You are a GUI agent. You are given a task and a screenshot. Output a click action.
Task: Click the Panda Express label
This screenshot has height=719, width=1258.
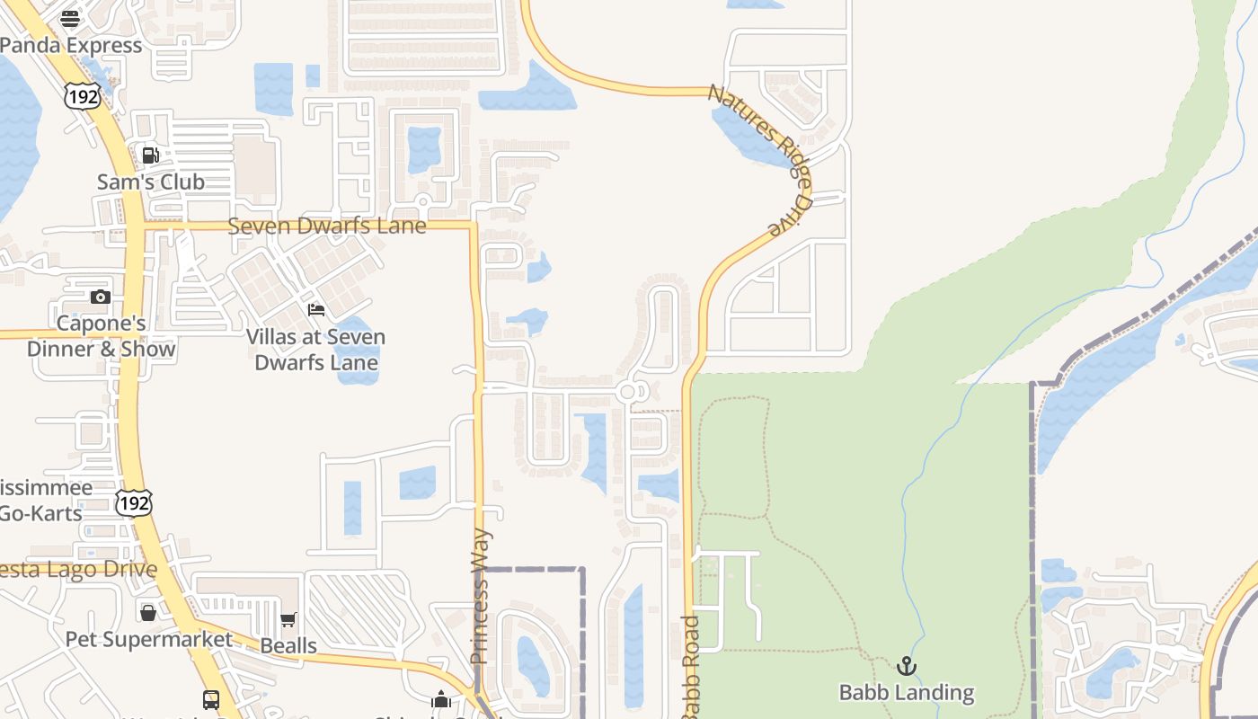coord(72,45)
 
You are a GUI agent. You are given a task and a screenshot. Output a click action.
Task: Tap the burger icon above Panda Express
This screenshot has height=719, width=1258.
coord(70,19)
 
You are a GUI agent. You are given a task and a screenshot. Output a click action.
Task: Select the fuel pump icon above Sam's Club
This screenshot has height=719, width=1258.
coord(151,155)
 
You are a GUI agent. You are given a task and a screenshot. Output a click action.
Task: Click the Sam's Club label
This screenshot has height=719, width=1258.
coord(151,182)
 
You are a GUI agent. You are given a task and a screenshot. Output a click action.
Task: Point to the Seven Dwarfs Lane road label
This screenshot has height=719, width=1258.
coord(327,226)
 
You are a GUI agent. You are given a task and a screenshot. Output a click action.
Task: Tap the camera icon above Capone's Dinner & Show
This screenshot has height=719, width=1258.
coord(101,297)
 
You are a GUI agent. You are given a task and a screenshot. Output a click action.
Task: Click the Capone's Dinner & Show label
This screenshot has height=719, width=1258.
coord(101,336)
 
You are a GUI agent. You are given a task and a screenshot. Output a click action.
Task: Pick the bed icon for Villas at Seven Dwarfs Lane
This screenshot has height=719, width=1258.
coord(316,310)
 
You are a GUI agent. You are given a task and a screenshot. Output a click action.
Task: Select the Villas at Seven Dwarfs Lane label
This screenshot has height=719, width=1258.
coord(316,350)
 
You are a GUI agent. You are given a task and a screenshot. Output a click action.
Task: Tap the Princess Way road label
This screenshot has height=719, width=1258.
coord(481,596)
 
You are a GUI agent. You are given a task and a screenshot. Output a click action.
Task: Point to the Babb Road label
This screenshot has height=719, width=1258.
coord(690,665)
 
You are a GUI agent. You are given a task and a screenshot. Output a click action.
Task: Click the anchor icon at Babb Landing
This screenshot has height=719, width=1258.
coord(907,666)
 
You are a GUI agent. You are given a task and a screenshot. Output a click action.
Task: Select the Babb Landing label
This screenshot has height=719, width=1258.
coord(907,692)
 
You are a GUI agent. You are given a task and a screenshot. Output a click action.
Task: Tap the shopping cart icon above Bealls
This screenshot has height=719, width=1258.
coord(288,620)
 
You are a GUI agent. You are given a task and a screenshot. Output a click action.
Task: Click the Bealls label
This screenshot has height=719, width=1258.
coord(288,645)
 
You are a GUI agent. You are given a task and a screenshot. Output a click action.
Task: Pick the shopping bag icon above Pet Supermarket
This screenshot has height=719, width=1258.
coord(148,613)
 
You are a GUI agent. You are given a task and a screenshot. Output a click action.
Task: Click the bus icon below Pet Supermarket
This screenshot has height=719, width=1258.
coord(211,699)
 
